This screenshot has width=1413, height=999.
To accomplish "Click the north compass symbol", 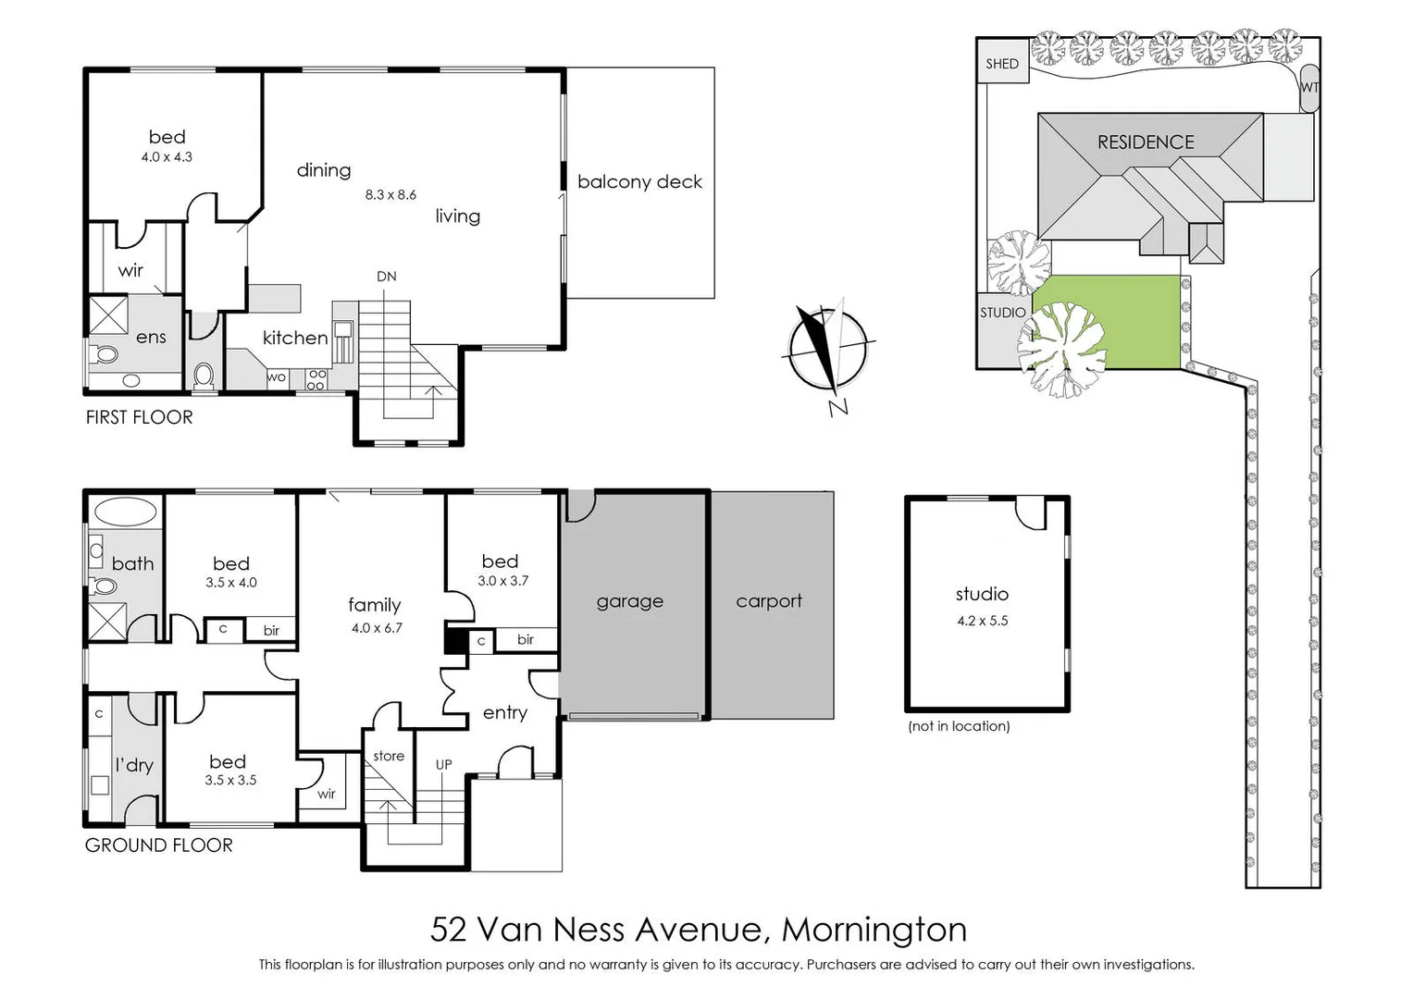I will [x=826, y=349].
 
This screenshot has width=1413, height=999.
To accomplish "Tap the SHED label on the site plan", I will [x=1001, y=64].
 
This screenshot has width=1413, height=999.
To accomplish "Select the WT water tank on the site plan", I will [x=1308, y=87].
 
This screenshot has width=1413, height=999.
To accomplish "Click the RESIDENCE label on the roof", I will [x=1145, y=142].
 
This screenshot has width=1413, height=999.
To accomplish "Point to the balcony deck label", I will [x=639, y=182].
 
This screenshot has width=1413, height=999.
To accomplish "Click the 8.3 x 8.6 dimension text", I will [x=390, y=195].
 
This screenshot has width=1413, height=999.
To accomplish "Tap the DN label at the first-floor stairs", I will [x=386, y=277].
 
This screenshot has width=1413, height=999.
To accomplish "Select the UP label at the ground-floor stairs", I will [x=443, y=765].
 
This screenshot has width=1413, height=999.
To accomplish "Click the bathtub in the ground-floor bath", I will [x=125, y=512].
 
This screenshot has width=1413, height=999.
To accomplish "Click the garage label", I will [x=629, y=601].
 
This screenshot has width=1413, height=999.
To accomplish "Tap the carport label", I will [x=769, y=601].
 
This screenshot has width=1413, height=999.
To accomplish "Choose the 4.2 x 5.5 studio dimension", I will [x=982, y=621].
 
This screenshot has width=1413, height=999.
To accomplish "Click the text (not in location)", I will [x=959, y=726].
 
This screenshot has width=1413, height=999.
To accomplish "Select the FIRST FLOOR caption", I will [x=140, y=417].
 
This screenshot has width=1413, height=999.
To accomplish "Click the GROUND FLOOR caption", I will [x=158, y=845].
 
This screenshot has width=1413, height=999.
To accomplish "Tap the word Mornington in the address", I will [x=874, y=929].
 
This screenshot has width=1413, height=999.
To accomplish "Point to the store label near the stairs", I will [x=389, y=756].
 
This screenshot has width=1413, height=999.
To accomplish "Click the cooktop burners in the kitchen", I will [x=316, y=379].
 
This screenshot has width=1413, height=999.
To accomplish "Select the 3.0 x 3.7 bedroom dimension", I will [x=502, y=581].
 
